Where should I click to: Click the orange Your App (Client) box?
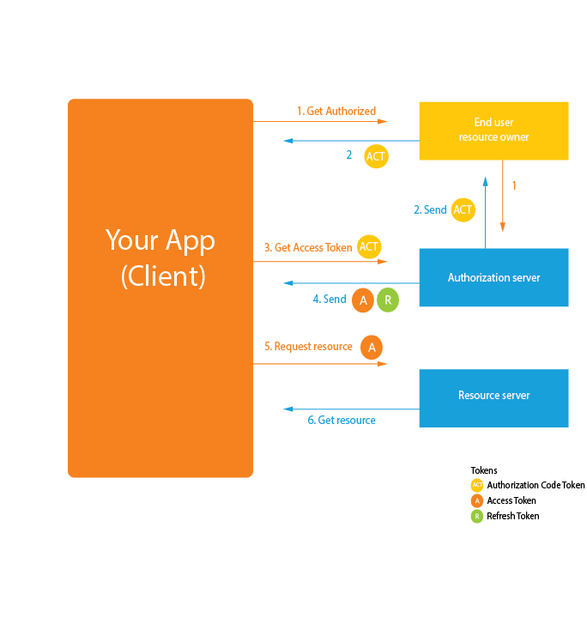coord(160,288)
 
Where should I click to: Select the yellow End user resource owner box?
coord(493,130)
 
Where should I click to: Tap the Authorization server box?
coord(493,277)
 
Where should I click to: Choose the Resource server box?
coord(493,396)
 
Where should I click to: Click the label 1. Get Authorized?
coord(336,111)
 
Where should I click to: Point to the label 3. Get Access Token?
coord(308,247)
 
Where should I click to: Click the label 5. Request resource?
coord(308,346)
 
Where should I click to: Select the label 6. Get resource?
coord(342,420)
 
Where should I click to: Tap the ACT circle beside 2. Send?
coord(463,210)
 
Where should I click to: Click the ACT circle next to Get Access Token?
coord(369,247)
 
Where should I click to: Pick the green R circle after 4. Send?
coord(388,300)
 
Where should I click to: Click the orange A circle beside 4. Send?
coord(363,300)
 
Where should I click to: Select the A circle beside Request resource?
coord(372,347)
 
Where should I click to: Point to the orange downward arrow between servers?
coord(503,206)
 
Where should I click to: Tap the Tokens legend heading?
coord(484,470)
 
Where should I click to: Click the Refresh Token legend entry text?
coord(513,516)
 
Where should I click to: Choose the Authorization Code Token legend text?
coord(536,485)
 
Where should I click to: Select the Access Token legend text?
coord(511,500)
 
